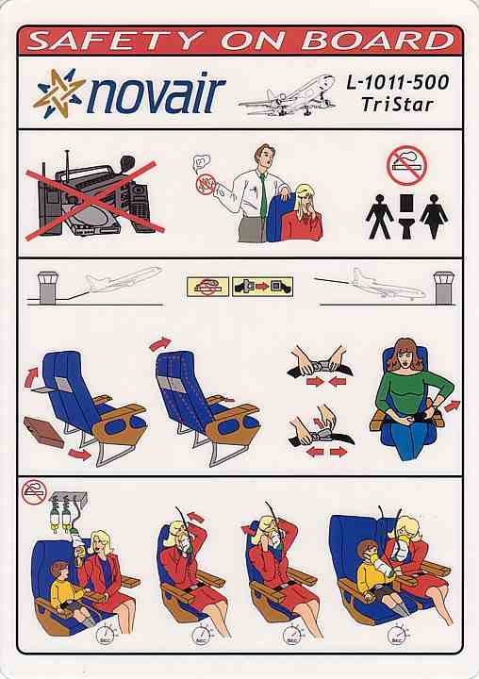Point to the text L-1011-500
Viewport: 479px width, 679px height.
397,82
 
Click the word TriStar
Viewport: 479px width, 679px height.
397,105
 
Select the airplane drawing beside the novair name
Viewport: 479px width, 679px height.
288,96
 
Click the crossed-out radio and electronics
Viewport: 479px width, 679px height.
94,196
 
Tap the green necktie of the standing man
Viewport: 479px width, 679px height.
263,196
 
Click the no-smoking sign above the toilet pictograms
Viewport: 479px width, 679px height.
406,165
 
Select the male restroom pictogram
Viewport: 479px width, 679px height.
379,216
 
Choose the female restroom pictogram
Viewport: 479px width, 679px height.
434,216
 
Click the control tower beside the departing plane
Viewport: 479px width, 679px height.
47,288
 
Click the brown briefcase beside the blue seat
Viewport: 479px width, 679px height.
44,431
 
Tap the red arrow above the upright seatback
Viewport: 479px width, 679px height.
159,343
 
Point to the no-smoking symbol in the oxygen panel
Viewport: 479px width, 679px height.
34,492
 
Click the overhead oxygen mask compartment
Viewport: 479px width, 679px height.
68,496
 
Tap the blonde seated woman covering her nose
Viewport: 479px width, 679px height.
303,212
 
